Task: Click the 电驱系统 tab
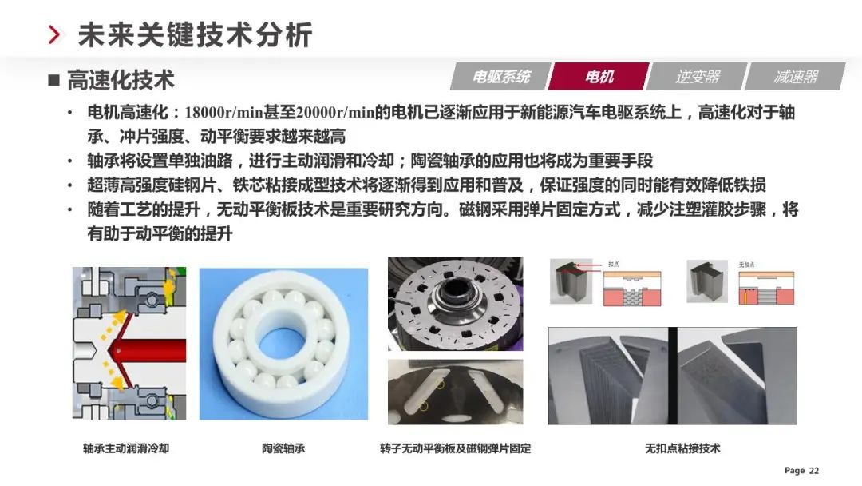tap(500, 77)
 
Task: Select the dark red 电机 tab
tap(599, 77)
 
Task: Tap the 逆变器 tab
tap(697, 77)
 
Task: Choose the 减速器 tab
tap(795, 77)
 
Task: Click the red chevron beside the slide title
tap(54, 35)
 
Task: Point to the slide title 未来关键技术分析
tap(195, 35)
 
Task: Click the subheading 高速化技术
tap(121, 80)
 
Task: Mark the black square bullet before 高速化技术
tap(54, 80)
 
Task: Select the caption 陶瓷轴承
tap(283, 448)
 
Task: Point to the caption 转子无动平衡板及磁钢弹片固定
tap(455, 448)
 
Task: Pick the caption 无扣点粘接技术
tap(682, 448)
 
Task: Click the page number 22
tap(814, 471)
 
